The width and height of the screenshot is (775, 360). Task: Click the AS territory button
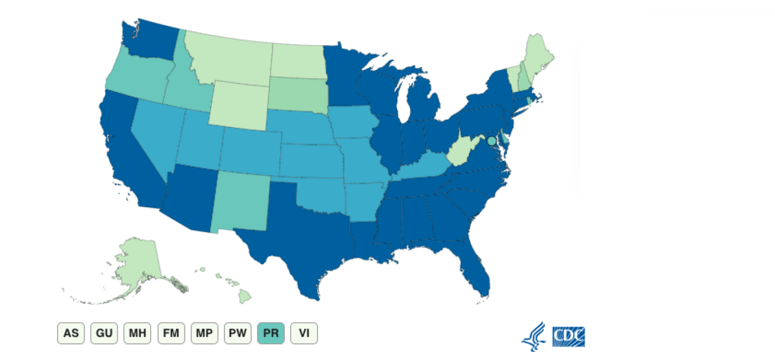click(x=71, y=333)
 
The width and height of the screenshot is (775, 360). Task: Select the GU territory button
click(x=104, y=333)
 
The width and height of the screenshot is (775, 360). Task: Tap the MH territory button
click(x=137, y=333)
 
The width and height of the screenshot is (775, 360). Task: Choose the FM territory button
click(x=171, y=333)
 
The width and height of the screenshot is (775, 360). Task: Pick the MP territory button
click(x=204, y=333)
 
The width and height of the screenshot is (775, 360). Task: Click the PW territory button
click(x=237, y=333)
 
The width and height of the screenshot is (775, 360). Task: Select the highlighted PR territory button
click(x=271, y=333)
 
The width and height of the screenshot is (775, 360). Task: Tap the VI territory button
click(x=304, y=333)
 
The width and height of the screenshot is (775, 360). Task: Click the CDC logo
click(x=568, y=337)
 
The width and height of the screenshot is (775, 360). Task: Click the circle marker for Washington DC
click(x=491, y=142)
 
